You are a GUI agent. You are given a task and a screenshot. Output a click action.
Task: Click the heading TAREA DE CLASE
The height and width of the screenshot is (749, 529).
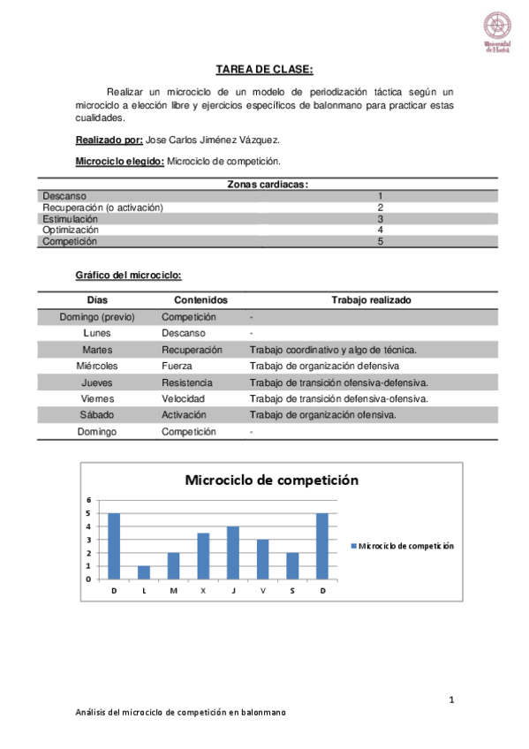tap(264, 70)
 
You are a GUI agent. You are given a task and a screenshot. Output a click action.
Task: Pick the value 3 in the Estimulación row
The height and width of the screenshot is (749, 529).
tap(380, 218)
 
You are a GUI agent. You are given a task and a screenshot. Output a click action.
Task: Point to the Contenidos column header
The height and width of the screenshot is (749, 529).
tap(200, 300)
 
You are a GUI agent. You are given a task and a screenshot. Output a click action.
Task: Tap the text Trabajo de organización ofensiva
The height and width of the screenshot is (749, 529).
tap(323, 414)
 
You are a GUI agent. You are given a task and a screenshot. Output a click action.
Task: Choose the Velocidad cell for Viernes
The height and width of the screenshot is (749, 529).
tap(184, 398)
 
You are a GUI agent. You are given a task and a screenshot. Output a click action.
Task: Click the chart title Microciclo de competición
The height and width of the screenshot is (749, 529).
tap(271, 480)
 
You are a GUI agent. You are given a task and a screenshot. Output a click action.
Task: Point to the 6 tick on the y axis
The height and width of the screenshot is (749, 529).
tap(87, 500)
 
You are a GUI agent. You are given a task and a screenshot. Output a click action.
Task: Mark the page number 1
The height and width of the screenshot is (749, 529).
tap(451, 700)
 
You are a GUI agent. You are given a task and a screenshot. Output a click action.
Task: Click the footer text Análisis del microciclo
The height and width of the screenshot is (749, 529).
tap(181, 713)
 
